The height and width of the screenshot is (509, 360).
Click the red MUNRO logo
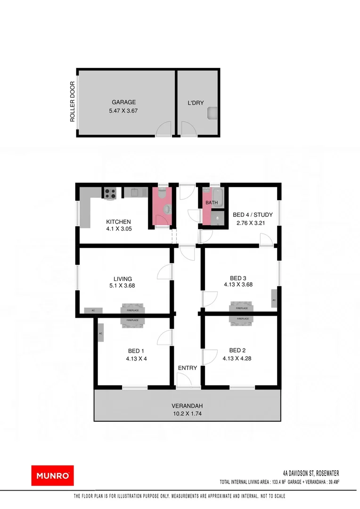coord(52,475)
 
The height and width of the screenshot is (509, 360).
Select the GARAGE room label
coord(123,102)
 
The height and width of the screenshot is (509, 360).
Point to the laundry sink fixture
coord(213,113)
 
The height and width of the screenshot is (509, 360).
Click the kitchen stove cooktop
coord(110,192)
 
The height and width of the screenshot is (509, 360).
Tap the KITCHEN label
coord(118,222)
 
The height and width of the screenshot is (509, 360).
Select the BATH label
coord(211,203)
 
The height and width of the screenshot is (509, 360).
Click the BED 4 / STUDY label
coord(253,215)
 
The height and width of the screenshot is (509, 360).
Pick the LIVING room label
coord(123,279)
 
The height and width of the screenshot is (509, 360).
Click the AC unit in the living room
coord(93,310)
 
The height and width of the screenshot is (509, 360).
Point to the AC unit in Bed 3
coord(274,300)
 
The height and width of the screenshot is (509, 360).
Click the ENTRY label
coord(187,368)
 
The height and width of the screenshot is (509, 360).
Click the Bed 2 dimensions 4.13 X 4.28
coord(237,358)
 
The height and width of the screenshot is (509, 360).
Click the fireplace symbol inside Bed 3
coord(241,308)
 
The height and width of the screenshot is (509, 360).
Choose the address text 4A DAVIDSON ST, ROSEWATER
coord(311,473)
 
